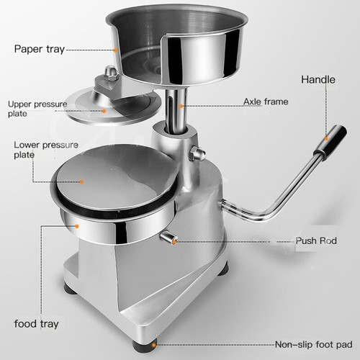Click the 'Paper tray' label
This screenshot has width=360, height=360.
pyautogui.click(x=39, y=49)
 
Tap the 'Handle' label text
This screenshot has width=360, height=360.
pyautogui.click(x=318, y=78)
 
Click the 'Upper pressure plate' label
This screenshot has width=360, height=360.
pyautogui.click(x=37, y=109)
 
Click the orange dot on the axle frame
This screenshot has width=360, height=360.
pyautogui.click(x=183, y=106)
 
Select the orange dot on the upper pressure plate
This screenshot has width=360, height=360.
pyautogui.click(x=103, y=110)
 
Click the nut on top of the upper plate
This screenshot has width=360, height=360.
pyautogui.click(x=110, y=73)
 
